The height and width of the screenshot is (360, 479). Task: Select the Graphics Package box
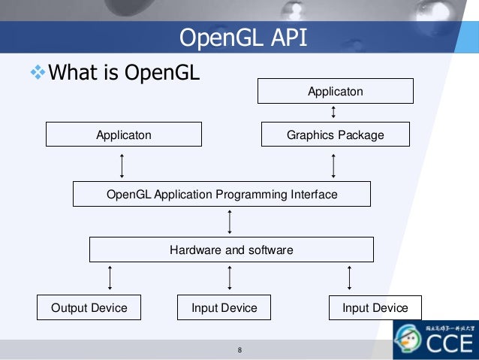pyautogui.click(x=335, y=135)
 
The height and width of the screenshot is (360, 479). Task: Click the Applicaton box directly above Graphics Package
pyautogui.click(x=335, y=92)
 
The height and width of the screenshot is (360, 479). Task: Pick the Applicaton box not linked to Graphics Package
pyautogui.click(x=124, y=135)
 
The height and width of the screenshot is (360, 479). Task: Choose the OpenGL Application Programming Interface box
pyautogui.click(x=221, y=194)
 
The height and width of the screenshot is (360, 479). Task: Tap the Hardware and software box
pyautogui.click(x=231, y=250)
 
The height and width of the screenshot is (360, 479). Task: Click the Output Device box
pyautogui.click(x=89, y=307)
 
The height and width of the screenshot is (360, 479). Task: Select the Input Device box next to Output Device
pyautogui.click(x=224, y=307)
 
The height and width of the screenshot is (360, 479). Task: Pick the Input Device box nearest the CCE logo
pyautogui.click(x=375, y=307)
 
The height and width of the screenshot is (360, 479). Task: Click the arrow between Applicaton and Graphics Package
pyautogui.click(x=333, y=112)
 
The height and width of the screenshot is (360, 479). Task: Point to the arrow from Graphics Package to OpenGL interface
pyautogui.click(x=333, y=164)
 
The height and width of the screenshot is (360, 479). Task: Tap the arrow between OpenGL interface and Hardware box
pyautogui.click(x=230, y=222)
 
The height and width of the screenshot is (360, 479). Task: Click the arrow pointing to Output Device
pyautogui.click(x=110, y=277)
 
